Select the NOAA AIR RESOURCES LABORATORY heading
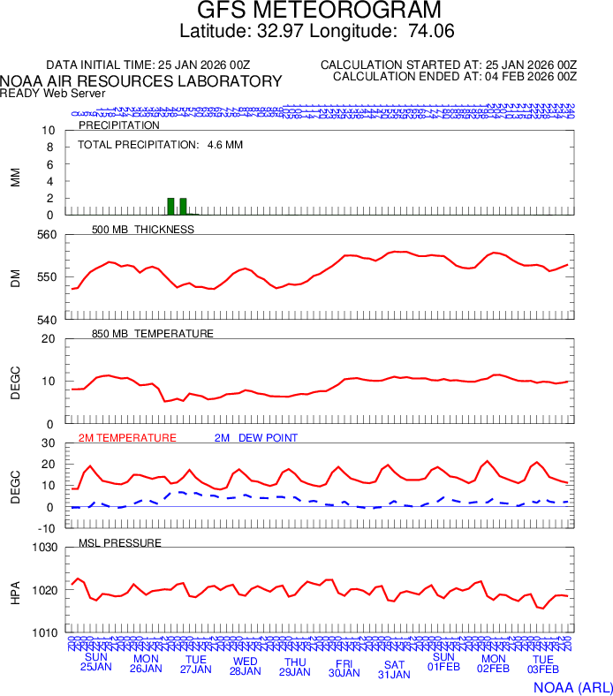[x=141, y=81]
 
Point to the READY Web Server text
[x=53, y=93]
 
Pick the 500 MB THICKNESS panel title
[x=142, y=230]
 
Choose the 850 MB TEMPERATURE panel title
[x=152, y=334]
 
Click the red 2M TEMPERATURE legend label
[x=127, y=438]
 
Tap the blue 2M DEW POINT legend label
[x=256, y=438]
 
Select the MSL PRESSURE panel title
[x=119, y=542]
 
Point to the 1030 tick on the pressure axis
[x=43, y=548]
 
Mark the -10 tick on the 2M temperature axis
[x=49, y=528]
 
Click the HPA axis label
[x=15, y=590]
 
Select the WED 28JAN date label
[x=245, y=665]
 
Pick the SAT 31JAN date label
[x=394, y=670]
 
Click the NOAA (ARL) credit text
[x=571, y=686]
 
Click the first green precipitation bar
[x=170, y=207]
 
